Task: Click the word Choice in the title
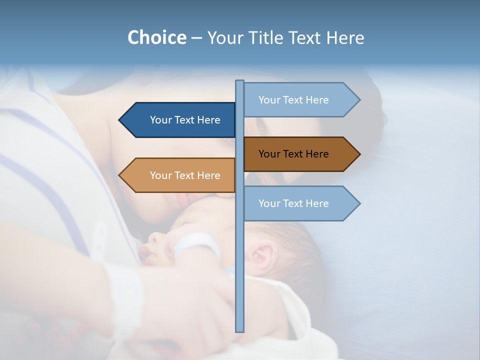point(156,37)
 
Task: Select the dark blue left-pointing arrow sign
point(180,120)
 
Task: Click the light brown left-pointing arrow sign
point(180,175)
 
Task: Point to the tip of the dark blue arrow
point(120,120)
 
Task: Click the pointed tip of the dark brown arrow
point(359,154)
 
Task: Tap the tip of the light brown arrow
point(120,175)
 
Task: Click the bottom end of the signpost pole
point(240,330)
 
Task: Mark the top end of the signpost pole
point(240,81)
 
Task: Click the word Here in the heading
point(345,37)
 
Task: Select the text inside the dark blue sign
point(185,120)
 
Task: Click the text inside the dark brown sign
point(293,154)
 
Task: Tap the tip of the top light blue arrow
point(359,100)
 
